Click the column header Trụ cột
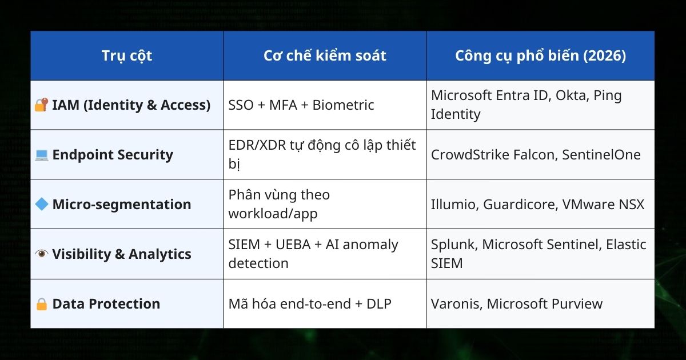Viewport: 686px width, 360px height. coord(127,55)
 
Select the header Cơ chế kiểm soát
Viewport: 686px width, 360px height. coord(325,55)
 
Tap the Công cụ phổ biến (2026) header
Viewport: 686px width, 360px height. coord(540,55)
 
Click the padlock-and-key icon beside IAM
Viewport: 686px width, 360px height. coord(42,105)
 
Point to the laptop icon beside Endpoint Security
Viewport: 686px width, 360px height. coord(42,155)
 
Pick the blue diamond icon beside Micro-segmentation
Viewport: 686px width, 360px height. coord(42,204)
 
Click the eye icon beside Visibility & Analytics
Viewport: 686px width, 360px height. coord(42,254)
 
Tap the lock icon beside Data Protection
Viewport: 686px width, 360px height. coord(42,304)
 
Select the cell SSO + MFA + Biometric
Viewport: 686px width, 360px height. coord(301,105)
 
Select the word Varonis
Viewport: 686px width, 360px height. coord(455,304)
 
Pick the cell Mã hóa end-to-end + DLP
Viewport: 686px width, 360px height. coord(310,304)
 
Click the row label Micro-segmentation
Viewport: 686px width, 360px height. coord(122,205)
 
